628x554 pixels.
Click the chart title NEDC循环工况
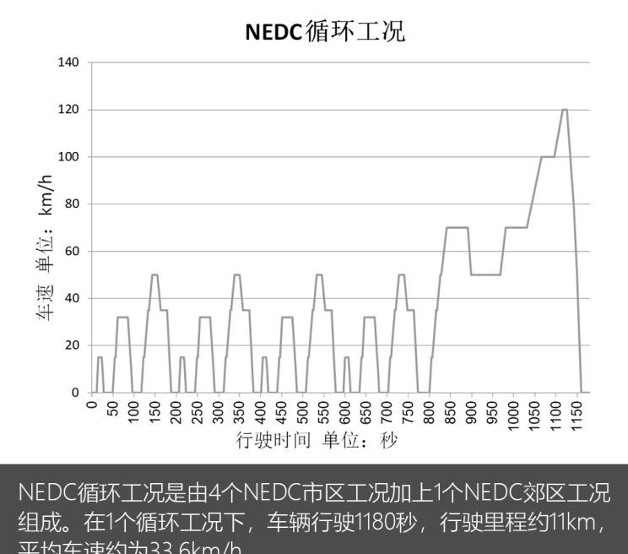click(x=325, y=32)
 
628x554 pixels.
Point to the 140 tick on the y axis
click(x=68, y=62)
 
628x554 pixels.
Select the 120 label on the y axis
click(x=68, y=110)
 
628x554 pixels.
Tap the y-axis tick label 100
click(x=68, y=157)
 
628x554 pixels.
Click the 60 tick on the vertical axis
click(x=72, y=252)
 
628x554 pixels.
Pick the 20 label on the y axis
click(x=72, y=345)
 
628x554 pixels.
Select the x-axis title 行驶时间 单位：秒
click(x=316, y=441)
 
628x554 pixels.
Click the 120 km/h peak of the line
click(x=564, y=110)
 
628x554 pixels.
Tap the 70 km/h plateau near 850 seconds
click(x=457, y=227)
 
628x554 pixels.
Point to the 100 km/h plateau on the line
click(x=548, y=157)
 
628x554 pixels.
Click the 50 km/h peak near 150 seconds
click(x=154, y=274)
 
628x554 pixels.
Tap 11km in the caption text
click(x=559, y=522)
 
